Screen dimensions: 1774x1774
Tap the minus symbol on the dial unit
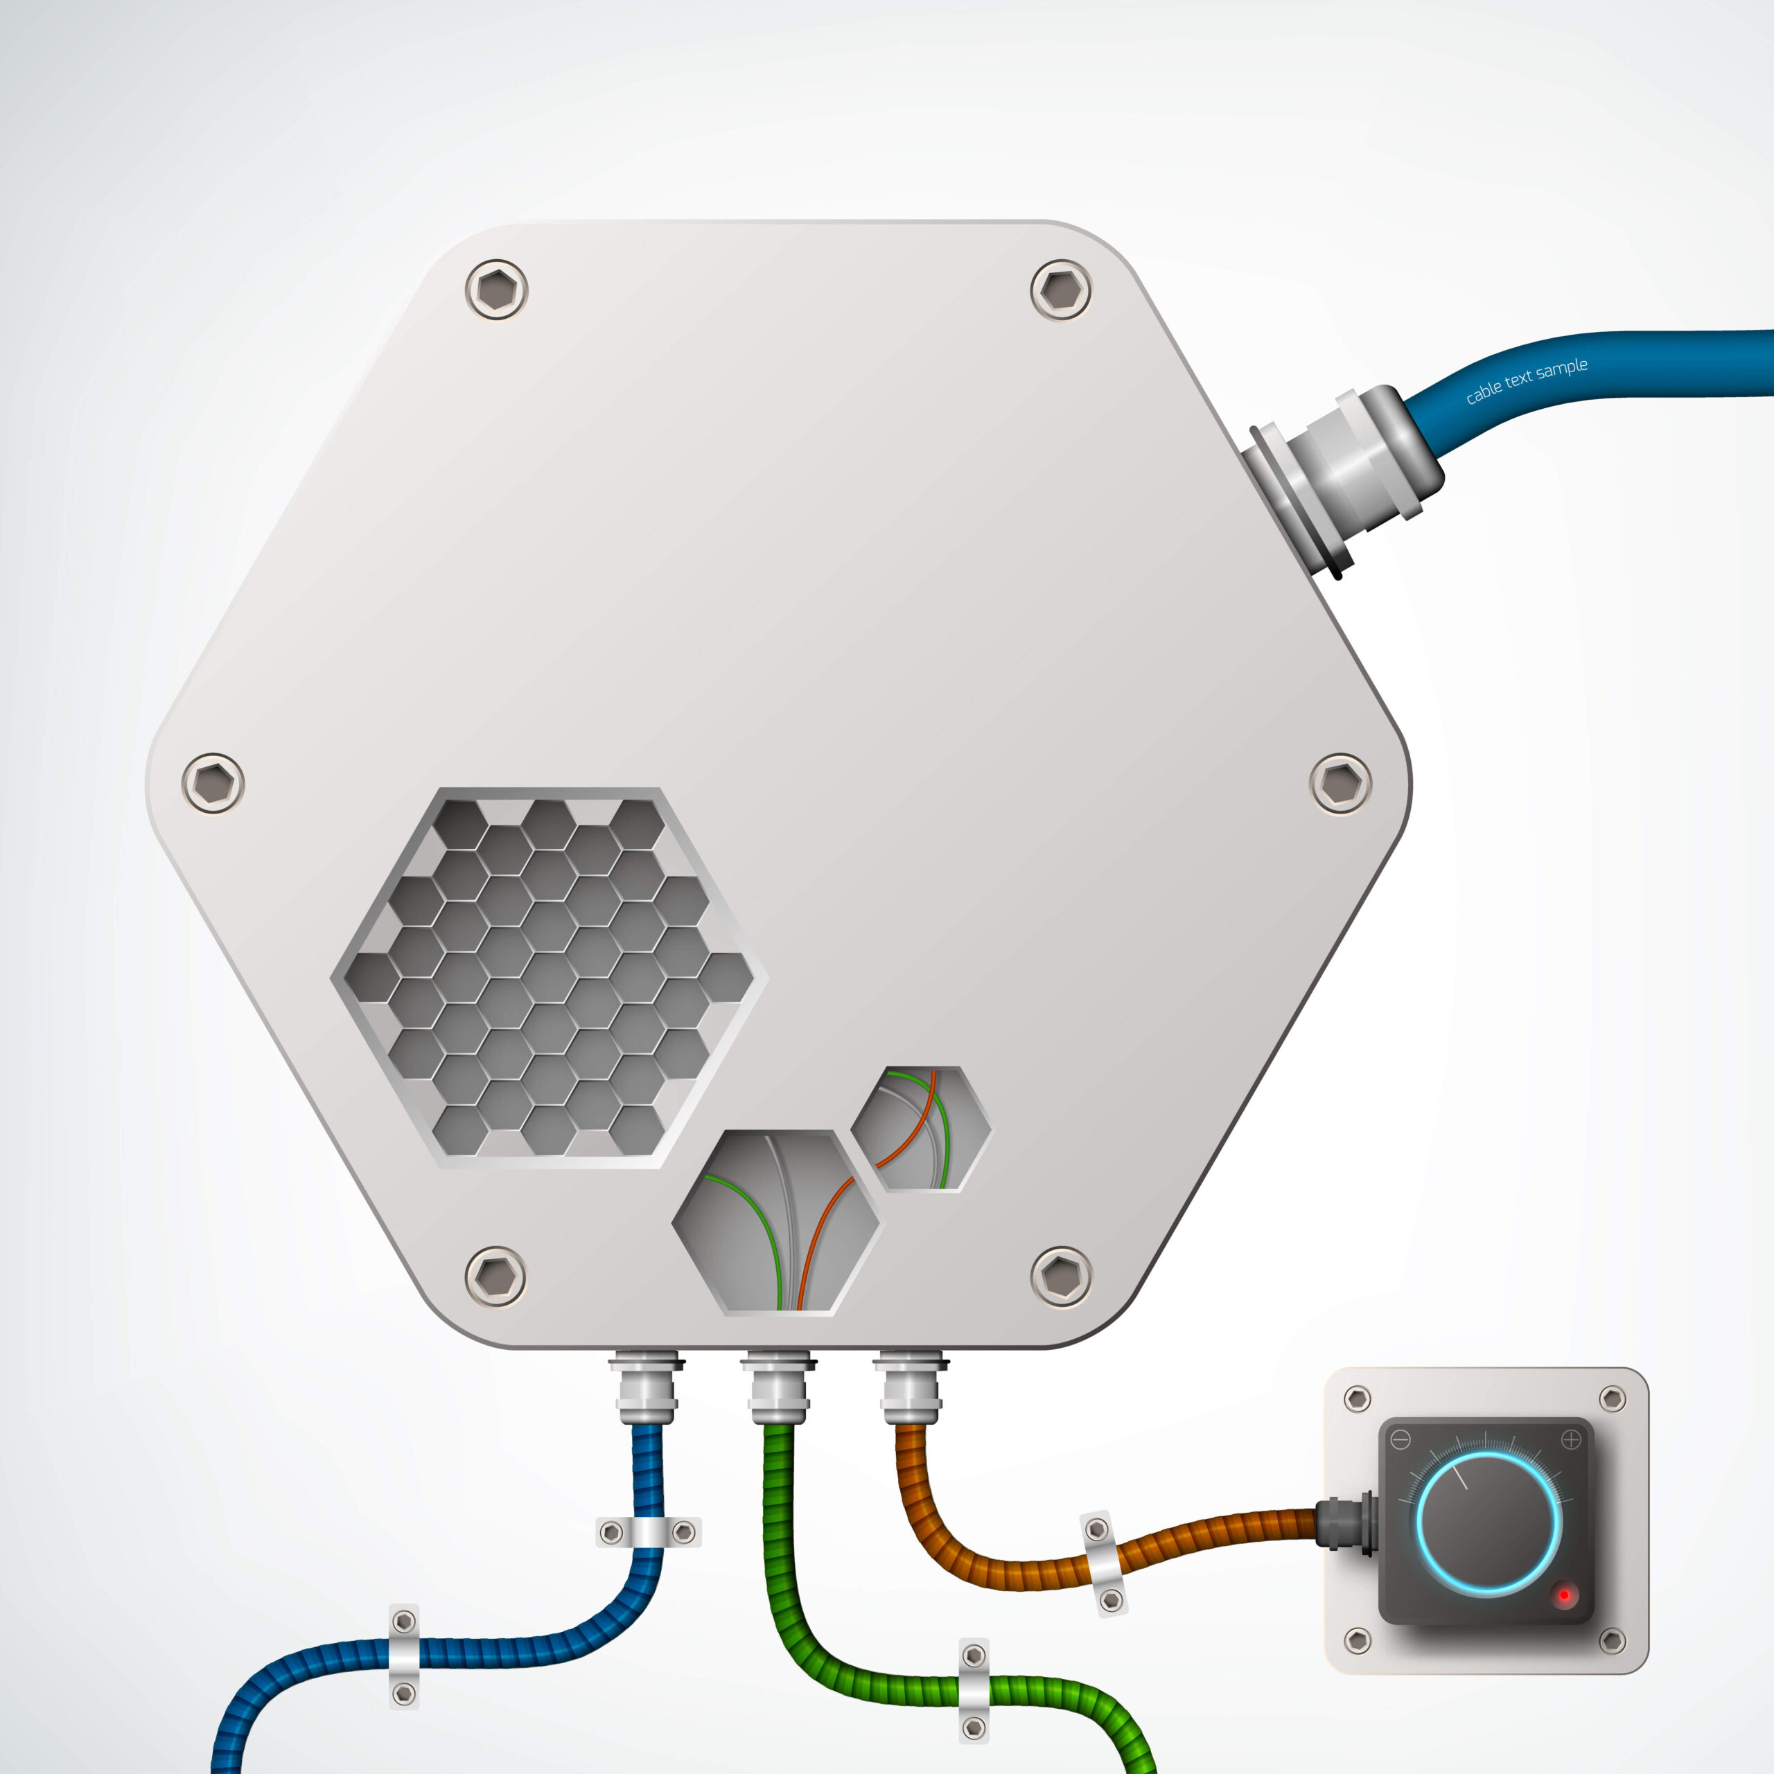coord(1400,1440)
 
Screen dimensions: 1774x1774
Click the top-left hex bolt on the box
coord(497,289)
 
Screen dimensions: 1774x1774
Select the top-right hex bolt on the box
coord(1062,289)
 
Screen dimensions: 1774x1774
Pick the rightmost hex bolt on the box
coord(1341,783)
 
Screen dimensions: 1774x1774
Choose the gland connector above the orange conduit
coord(909,1386)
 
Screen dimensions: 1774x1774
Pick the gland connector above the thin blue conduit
coord(647,1386)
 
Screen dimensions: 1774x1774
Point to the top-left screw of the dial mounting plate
coord(1357,1399)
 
